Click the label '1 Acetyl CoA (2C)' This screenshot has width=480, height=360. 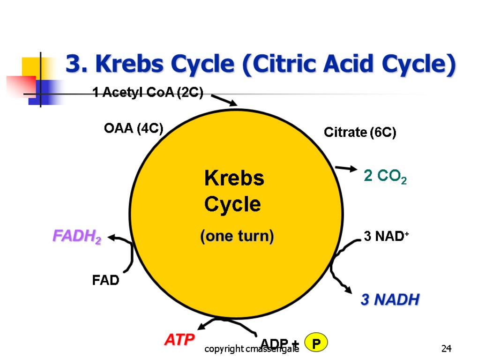point(148,94)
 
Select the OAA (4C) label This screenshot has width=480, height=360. point(133,128)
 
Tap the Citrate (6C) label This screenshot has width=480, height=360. point(360,133)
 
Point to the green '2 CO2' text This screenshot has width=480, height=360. point(385,177)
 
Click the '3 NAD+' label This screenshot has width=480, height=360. point(387,237)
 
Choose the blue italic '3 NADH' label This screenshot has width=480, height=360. point(390,300)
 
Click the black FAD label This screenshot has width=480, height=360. point(105,281)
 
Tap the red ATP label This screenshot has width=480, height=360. point(180,340)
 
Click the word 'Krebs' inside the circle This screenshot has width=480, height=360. point(234,179)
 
